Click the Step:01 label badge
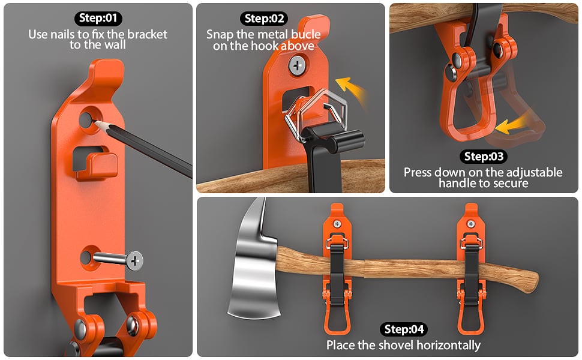pyautogui.click(x=98, y=18)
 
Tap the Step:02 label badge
pyautogui.click(x=264, y=19)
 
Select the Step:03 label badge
pyautogui.click(x=484, y=157)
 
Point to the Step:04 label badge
pyautogui.click(x=404, y=329)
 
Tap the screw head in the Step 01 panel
pyautogui.click(x=134, y=260)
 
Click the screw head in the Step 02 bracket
pyautogui.click(x=297, y=66)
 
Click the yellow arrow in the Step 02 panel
pyautogui.click(x=352, y=90)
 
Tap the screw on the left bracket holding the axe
pyautogui.click(x=337, y=224)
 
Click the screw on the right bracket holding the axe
pyautogui.click(x=471, y=224)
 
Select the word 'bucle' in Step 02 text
pyautogui.click(x=306, y=35)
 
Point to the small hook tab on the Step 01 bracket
pyautogui.click(x=97, y=166)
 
